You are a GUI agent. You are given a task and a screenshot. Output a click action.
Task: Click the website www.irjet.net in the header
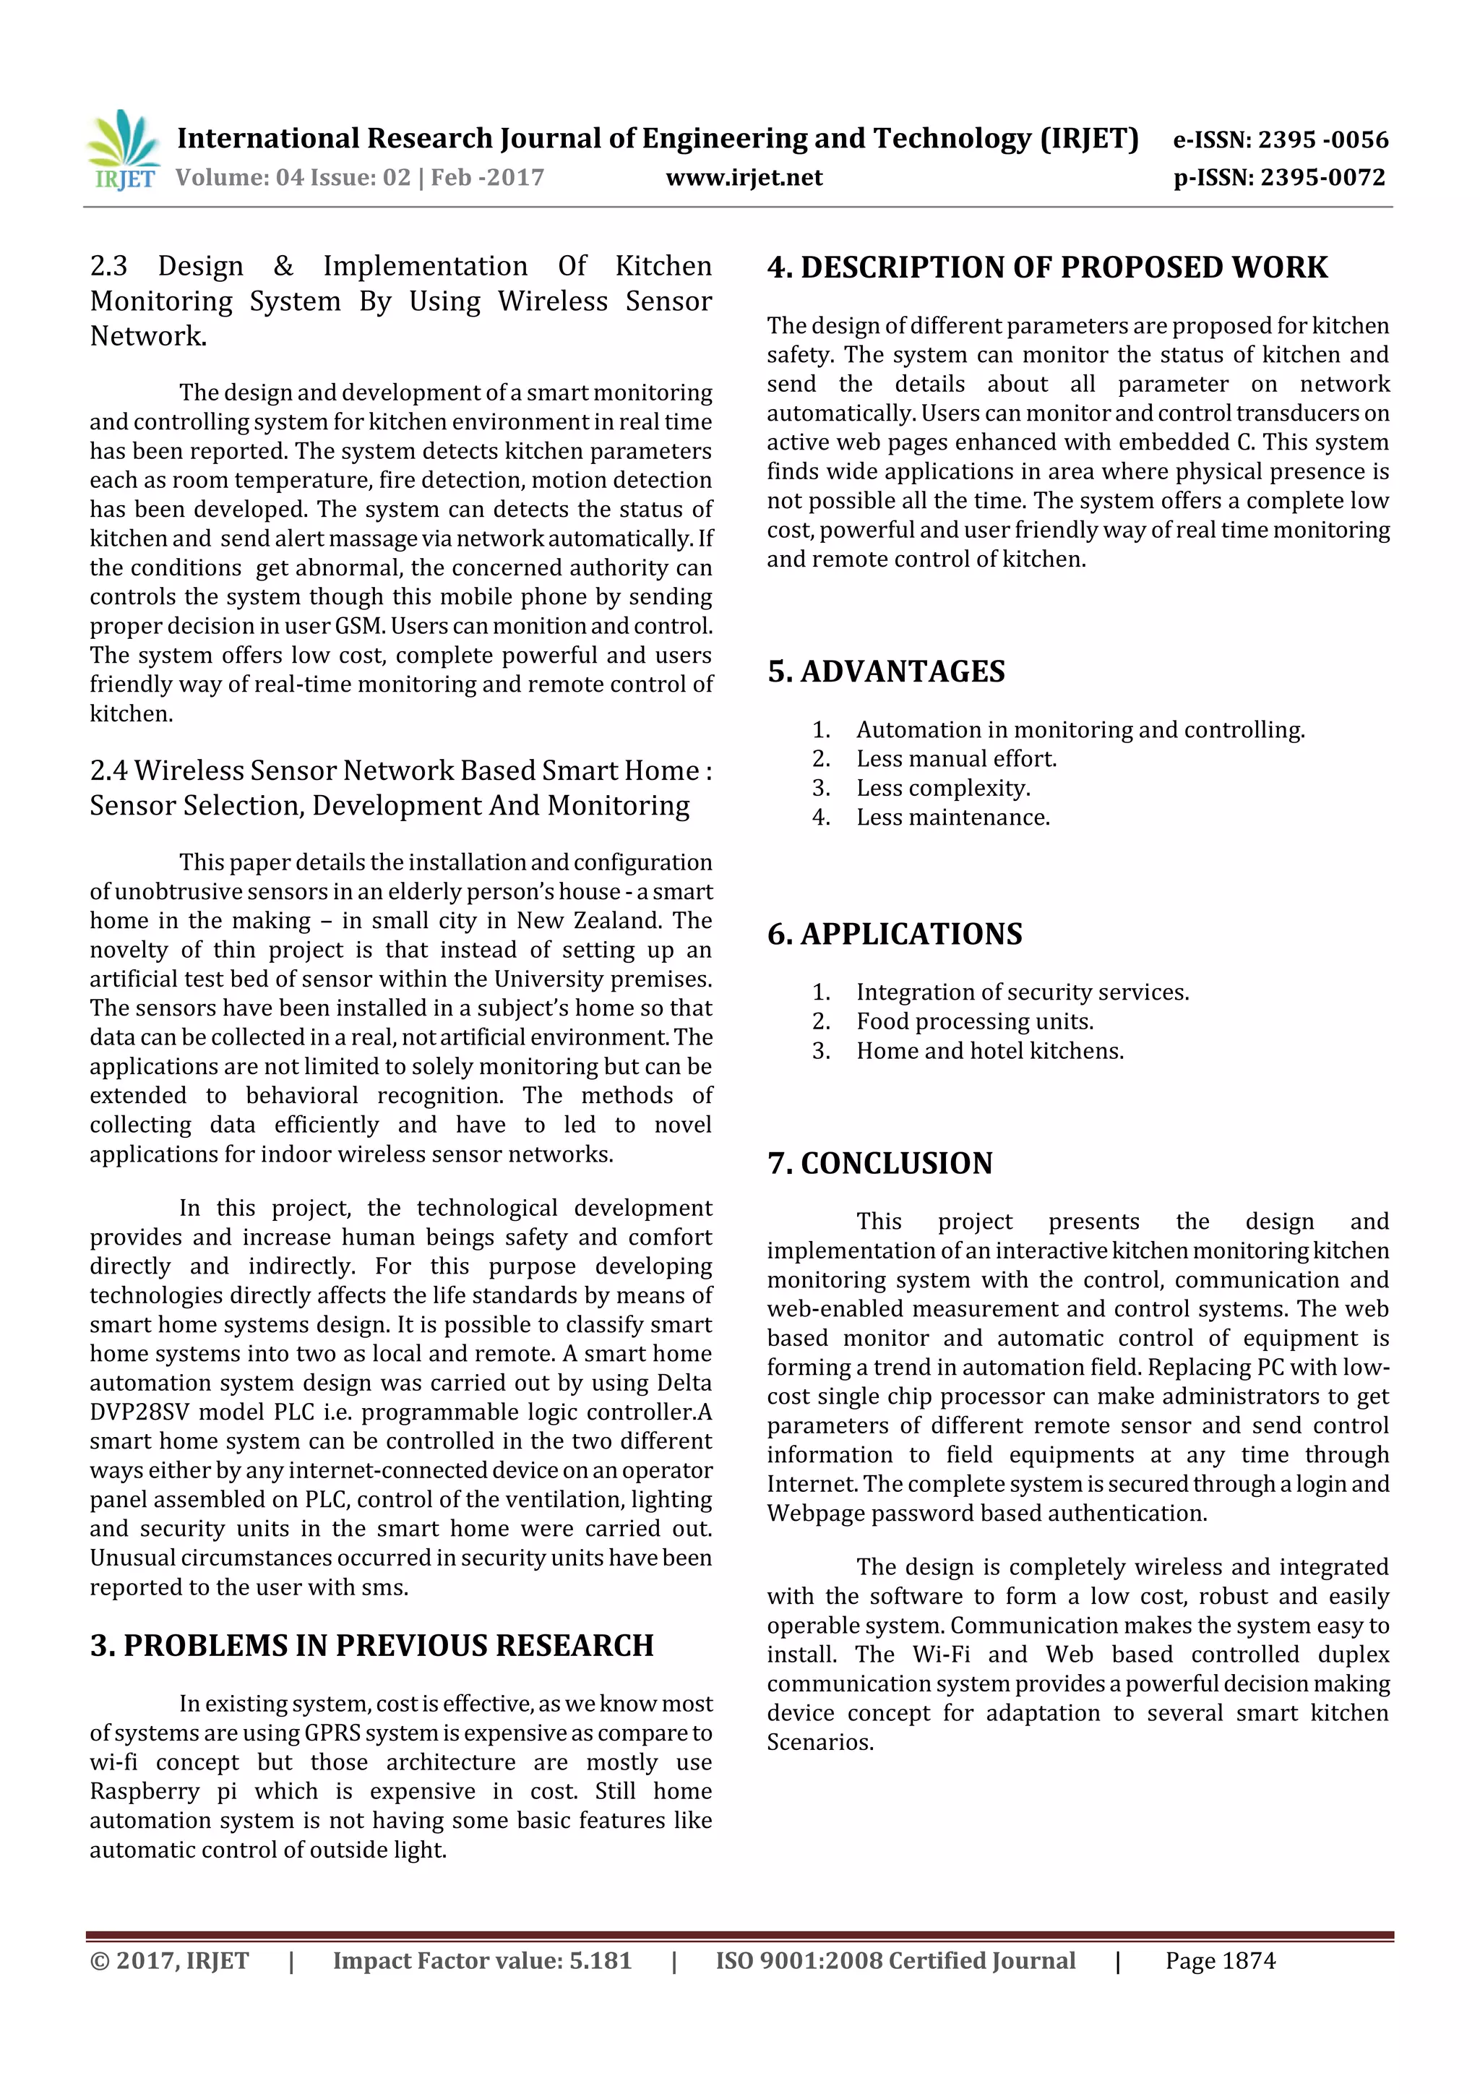pyautogui.click(x=744, y=178)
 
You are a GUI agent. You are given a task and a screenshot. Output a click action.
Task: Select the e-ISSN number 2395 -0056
pyautogui.click(x=1323, y=140)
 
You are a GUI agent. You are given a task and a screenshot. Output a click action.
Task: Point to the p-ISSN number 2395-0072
pyautogui.click(x=1323, y=178)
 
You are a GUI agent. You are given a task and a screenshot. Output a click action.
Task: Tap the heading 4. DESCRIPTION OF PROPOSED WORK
pyautogui.click(x=1047, y=267)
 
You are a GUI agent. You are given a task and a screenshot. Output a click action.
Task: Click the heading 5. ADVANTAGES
pyautogui.click(x=885, y=671)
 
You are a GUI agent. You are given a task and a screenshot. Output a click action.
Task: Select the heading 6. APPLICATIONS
pyautogui.click(x=895, y=934)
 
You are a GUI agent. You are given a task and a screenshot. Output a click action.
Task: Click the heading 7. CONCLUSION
pyautogui.click(x=880, y=1163)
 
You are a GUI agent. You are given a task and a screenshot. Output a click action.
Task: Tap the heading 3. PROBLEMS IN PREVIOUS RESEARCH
pyautogui.click(x=372, y=1645)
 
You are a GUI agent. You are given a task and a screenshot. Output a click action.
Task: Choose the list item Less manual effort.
pyautogui.click(x=955, y=759)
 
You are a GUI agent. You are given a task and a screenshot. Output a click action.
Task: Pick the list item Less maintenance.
pyautogui.click(x=953, y=818)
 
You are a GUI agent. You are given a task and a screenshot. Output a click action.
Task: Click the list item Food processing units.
pyautogui.click(x=974, y=1021)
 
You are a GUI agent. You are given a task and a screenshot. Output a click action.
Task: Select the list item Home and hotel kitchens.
pyautogui.click(x=989, y=1051)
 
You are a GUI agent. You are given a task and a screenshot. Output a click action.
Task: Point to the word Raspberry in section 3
pyautogui.click(x=144, y=1791)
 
